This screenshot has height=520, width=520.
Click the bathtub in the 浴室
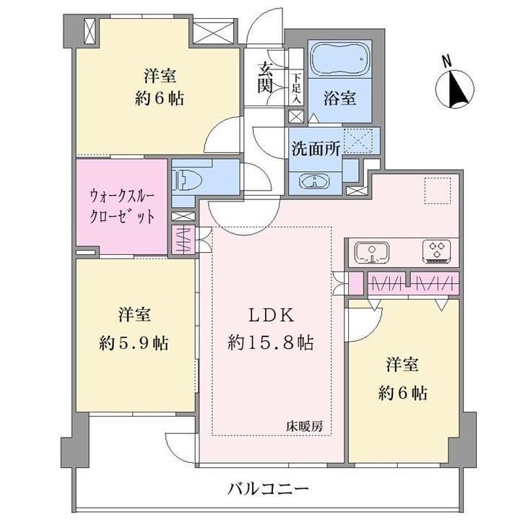click(x=341, y=58)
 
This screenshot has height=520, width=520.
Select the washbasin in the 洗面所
click(x=314, y=182)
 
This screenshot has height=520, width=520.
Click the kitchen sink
click(x=372, y=252)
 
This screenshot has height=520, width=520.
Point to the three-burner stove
click(x=437, y=251)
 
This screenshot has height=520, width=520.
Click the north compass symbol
click(x=455, y=89)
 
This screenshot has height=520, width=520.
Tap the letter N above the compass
click(x=447, y=61)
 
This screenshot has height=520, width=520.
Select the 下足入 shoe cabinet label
click(x=296, y=88)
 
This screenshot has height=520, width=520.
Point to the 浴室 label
click(x=340, y=98)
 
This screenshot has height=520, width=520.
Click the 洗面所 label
click(x=316, y=149)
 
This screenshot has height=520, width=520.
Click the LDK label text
click(x=271, y=316)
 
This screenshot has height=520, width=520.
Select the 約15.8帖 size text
click(x=271, y=342)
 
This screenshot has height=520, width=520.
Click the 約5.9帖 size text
click(x=134, y=343)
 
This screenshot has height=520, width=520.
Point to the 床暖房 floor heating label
click(x=305, y=427)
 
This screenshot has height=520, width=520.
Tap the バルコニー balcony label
click(x=268, y=488)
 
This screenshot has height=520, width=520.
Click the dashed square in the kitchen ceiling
click(x=438, y=191)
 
